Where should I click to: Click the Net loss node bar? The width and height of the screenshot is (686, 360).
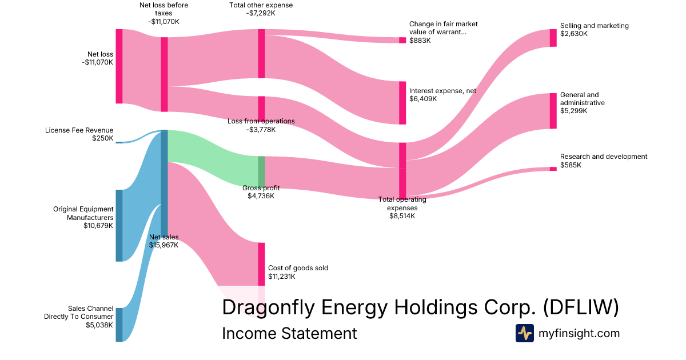(x=119, y=66)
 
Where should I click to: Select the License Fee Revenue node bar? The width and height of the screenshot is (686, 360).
(x=119, y=142)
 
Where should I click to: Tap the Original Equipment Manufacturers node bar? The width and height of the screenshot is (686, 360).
(x=119, y=225)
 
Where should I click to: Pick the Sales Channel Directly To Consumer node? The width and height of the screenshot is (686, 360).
(x=119, y=325)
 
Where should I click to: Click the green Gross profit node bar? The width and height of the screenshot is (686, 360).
(x=261, y=172)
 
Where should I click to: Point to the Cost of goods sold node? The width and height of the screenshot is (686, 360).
(x=261, y=264)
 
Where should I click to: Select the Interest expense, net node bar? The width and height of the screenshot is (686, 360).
(x=402, y=103)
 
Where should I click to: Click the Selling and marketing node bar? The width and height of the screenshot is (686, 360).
(x=553, y=38)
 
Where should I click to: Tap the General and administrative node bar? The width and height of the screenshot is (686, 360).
(x=553, y=111)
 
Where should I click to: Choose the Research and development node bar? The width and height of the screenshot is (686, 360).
(x=553, y=169)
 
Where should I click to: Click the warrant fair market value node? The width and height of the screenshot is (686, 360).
(x=402, y=40)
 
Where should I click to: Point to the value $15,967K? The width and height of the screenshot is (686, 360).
(x=163, y=245)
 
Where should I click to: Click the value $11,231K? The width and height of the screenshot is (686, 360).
(x=282, y=276)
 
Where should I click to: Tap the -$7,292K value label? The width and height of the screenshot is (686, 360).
(x=261, y=13)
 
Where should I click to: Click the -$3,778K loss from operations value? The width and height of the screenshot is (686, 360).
(x=261, y=129)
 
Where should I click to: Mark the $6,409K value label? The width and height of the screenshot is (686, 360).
(x=423, y=99)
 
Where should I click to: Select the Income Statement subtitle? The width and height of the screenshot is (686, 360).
(x=289, y=333)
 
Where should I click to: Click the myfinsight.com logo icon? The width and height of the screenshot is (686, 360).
(x=524, y=333)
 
